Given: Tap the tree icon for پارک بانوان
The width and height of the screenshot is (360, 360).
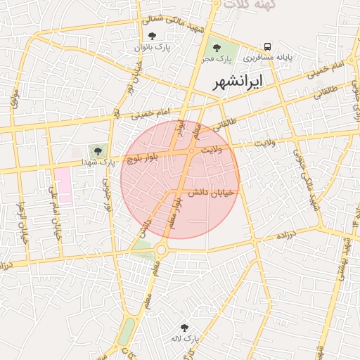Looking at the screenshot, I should pyautogui.click(x=153, y=35).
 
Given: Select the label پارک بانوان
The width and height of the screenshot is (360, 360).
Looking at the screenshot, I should pyautogui.click(x=153, y=47).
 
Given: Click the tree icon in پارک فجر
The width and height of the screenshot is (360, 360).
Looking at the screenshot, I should pyautogui.click(x=217, y=46).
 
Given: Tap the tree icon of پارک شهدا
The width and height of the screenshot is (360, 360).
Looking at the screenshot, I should pyautogui.click(x=97, y=150).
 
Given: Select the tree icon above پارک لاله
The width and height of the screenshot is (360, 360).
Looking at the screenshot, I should pyautogui.click(x=184, y=327).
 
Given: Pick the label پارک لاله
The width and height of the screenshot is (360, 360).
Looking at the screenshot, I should pyautogui.click(x=185, y=339).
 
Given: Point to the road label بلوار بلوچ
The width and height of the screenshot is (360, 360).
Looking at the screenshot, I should pyautogui.click(x=143, y=159).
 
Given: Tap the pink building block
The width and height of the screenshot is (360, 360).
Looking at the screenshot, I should pyautogui.click(x=63, y=185).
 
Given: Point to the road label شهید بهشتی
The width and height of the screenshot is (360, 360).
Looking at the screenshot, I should pyautogui.click(x=347, y=256).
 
